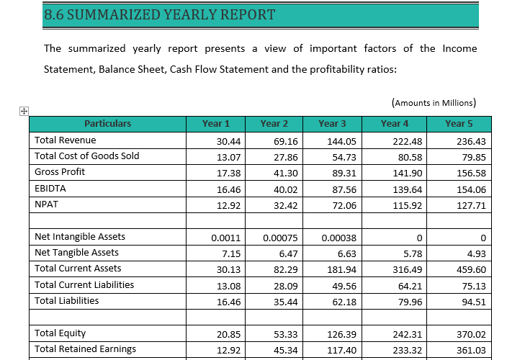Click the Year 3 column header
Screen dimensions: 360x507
tap(332, 124)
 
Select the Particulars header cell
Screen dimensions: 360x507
tap(107, 124)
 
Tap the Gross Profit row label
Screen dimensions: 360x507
tap(60, 172)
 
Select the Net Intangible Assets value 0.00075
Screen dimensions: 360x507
tap(276, 238)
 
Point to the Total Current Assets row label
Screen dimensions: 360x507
tap(78, 269)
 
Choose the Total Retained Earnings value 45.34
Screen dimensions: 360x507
tap(276, 350)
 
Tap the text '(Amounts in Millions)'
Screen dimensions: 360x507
tap(434, 103)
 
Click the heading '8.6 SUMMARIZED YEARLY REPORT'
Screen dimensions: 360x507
tap(159, 14)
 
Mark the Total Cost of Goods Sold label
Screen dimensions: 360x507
tap(87, 156)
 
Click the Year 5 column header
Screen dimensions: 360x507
tap(454, 124)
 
